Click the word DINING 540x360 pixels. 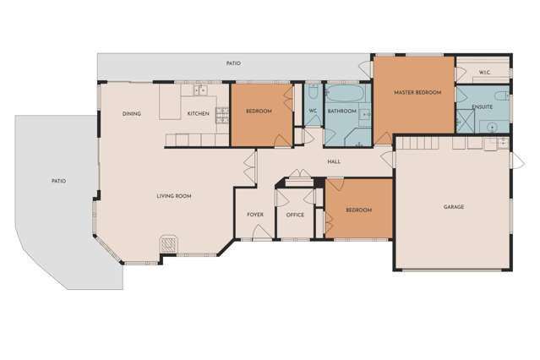tap(131, 114)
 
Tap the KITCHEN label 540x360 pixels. tap(198, 114)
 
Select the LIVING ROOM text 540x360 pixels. tap(174, 196)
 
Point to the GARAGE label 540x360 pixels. tap(454, 206)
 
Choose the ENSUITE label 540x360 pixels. tap(483, 106)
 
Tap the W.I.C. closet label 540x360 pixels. tap(484, 73)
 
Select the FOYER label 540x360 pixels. tap(255, 215)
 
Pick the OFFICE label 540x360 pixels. tap(295, 215)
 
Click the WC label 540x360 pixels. tap(313, 111)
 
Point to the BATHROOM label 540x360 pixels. tap(342, 111)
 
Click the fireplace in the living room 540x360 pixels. tap(170, 243)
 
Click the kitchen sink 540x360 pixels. tap(199, 89)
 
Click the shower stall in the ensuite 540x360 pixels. tap(464, 122)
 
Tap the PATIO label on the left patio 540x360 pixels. tap(58, 181)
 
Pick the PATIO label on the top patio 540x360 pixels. tap(234, 63)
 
